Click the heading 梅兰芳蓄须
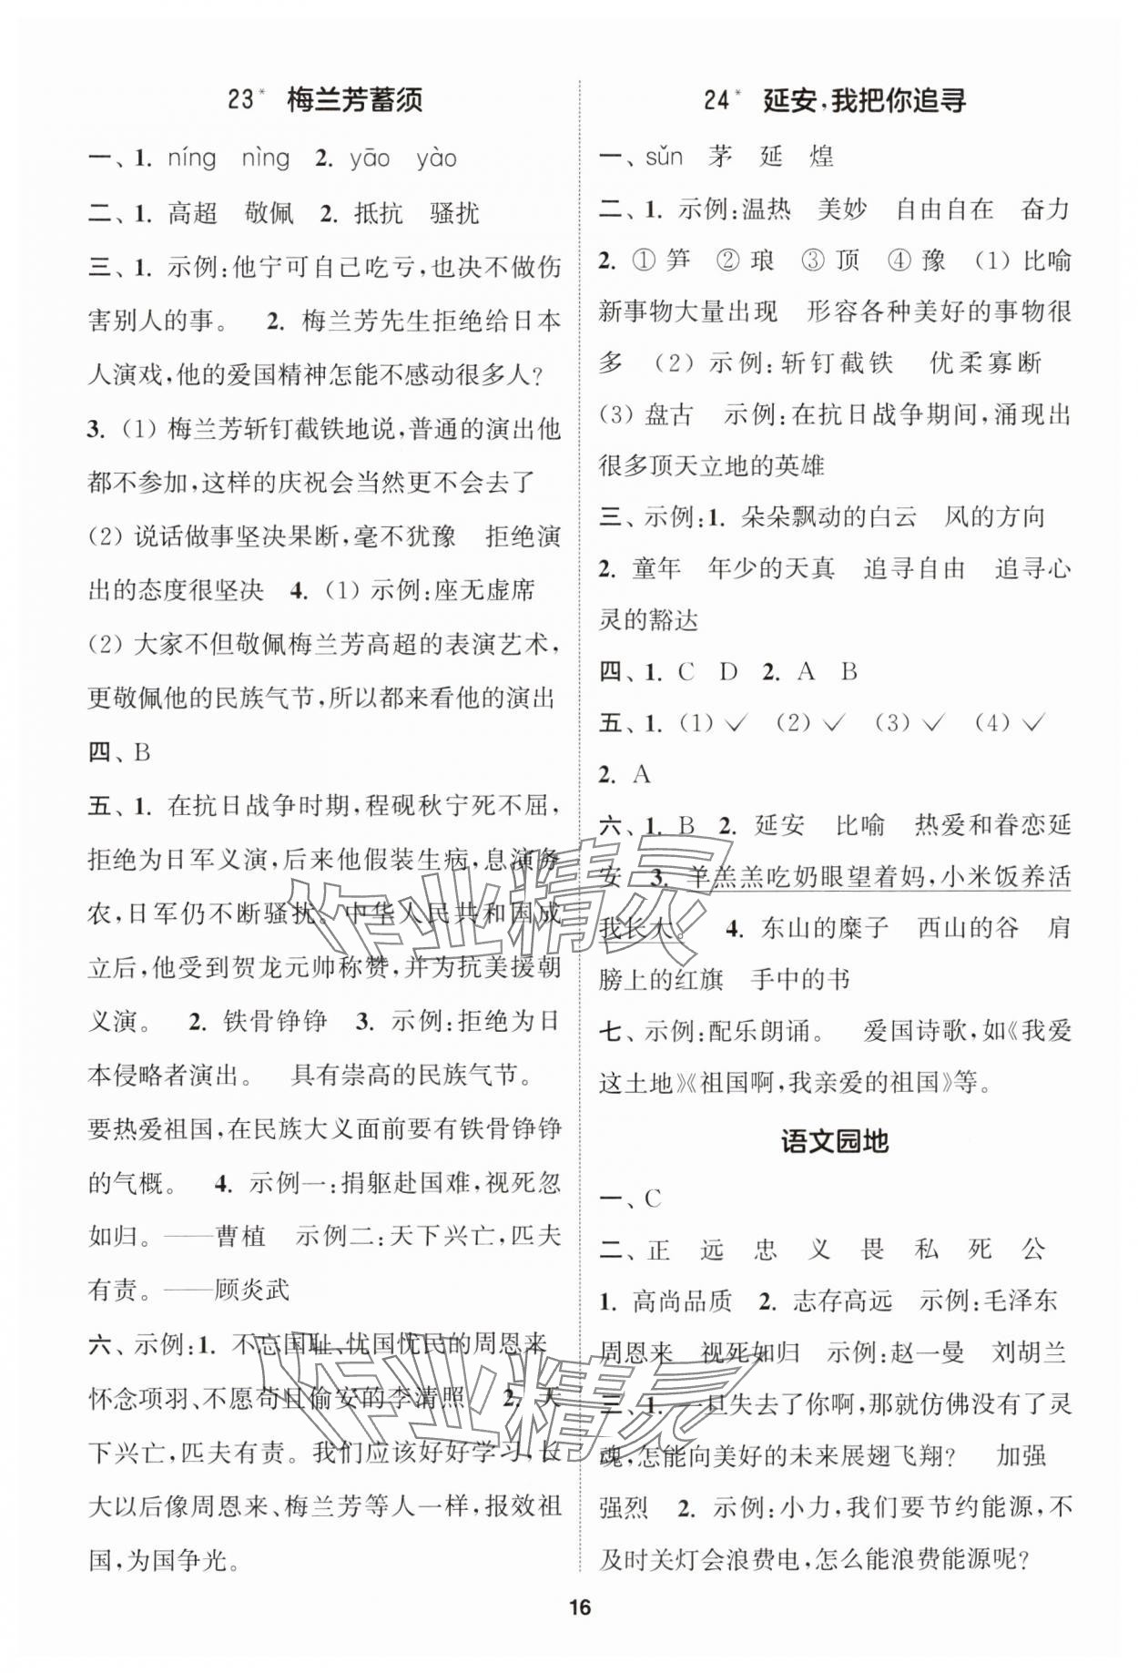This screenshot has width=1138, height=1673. click(x=354, y=99)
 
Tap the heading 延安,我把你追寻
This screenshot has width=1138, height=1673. click(x=864, y=99)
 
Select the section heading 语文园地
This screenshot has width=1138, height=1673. click(x=834, y=1142)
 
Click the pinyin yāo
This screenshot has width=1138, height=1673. click(x=370, y=158)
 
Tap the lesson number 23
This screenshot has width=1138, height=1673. click(x=241, y=99)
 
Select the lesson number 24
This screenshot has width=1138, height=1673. click(x=718, y=99)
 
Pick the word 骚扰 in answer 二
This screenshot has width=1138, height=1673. click(x=454, y=214)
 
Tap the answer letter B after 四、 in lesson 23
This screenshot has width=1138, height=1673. click(x=141, y=752)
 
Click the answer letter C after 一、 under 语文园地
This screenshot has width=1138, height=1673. click(x=653, y=1199)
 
